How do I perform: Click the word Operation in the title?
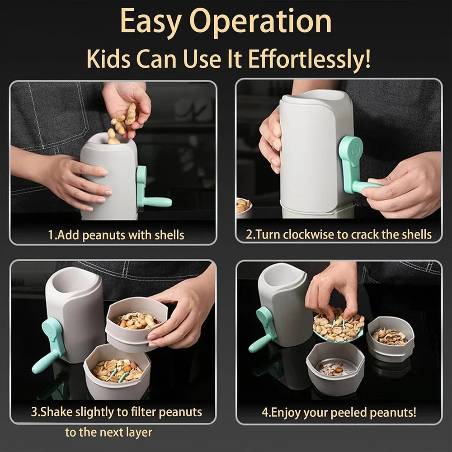pyautogui.click(x=261, y=23)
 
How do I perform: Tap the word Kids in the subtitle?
pyautogui.click(x=108, y=59)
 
